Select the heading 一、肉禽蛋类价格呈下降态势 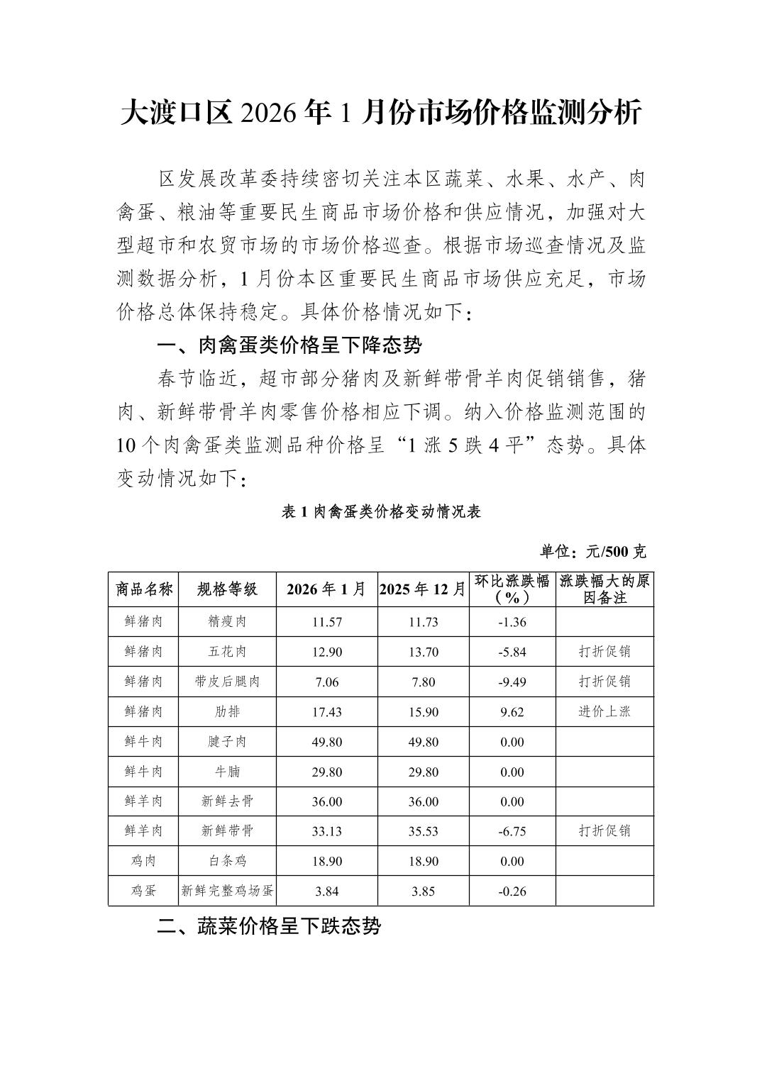point(289,345)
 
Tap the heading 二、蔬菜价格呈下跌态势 point(269,926)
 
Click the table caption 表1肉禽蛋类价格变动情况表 point(381,511)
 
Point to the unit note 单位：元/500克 point(593,551)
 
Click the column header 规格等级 point(227,589)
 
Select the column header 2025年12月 point(423,589)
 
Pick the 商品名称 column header point(144,589)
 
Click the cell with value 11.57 point(326,622)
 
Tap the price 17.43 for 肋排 point(326,711)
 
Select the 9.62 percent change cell point(512,711)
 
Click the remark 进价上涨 point(604,711)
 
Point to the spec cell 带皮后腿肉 point(227,682)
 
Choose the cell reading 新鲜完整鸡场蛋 point(227,891)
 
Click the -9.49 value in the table point(512,682)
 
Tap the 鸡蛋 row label point(144,891)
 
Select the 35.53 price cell point(423,831)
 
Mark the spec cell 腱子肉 point(227,742)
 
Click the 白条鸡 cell point(227,861)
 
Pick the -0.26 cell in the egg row point(512,891)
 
